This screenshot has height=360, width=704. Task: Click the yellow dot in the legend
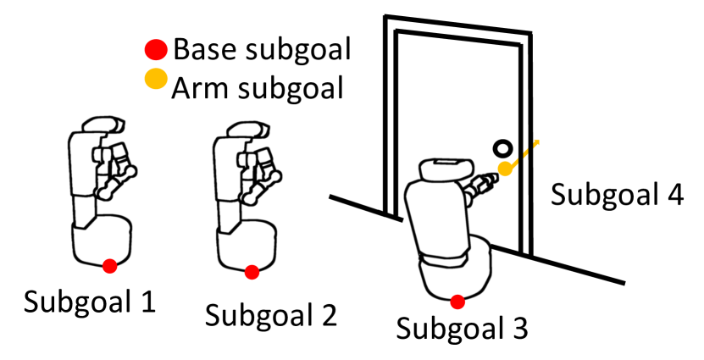(156, 81)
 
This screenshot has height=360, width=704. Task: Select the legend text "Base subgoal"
(261, 49)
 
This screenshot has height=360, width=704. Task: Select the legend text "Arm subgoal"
(258, 86)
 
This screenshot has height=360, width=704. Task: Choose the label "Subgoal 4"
(617, 194)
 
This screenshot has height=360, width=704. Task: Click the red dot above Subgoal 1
(109, 267)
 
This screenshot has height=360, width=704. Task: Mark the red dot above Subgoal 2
(252, 272)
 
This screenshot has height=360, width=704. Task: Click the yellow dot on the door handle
(505, 169)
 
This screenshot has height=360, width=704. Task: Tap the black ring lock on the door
(503, 148)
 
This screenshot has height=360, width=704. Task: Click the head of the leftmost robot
(96, 125)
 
